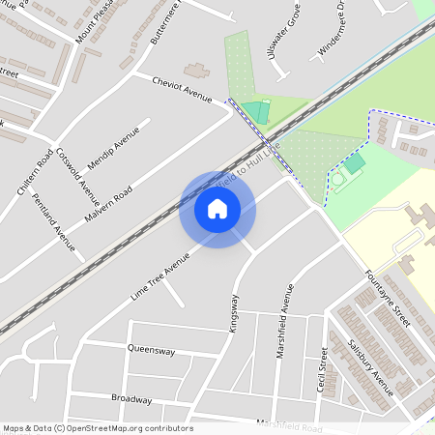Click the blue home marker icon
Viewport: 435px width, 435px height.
click(x=217, y=209)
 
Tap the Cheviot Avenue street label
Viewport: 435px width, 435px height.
click(x=182, y=89)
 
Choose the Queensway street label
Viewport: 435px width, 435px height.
click(x=151, y=351)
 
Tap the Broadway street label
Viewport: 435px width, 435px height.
click(x=131, y=398)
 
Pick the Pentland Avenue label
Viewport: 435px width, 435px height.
click(x=53, y=221)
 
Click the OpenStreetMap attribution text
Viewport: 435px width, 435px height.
click(x=98, y=428)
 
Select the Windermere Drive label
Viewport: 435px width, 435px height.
click(x=331, y=29)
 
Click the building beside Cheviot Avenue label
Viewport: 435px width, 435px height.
click(x=197, y=71)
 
